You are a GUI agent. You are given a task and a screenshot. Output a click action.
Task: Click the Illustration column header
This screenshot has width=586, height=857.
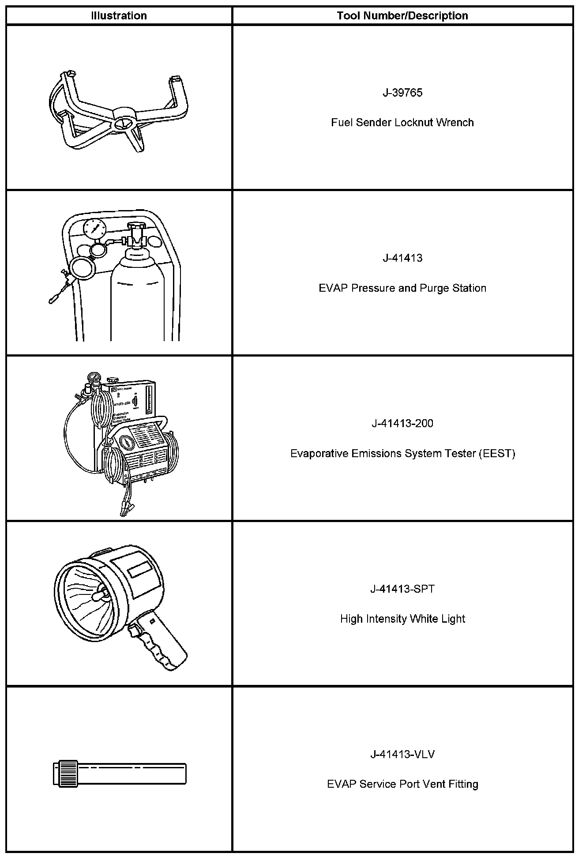(x=119, y=16)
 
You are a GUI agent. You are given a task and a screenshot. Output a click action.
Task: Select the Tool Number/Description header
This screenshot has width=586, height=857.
(x=402, y=16)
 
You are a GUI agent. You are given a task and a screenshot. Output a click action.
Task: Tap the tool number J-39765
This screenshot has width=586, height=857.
(x=402, y=93)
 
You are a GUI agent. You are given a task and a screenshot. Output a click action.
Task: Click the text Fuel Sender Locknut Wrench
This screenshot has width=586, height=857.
(x=402, y=123)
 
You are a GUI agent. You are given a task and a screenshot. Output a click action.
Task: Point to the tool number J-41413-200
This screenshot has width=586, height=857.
(x=402, y=424)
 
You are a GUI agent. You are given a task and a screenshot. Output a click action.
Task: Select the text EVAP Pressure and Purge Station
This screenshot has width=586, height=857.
(x=402, y=288)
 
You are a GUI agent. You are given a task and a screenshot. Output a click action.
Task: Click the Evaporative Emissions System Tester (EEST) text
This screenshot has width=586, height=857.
(x=402, y=454)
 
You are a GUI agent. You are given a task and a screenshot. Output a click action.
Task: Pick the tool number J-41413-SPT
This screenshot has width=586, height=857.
(x=402, y=589)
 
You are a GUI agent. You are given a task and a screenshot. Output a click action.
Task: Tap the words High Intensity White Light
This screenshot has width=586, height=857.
(x=402, y=619)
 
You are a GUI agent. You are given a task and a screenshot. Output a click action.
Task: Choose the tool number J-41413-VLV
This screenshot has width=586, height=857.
(x=402, y=755)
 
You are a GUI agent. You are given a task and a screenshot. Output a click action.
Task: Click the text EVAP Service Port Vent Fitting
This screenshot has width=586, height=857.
(x=402, y=785)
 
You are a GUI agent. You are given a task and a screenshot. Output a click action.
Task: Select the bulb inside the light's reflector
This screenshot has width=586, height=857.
(x=98, y=595)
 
